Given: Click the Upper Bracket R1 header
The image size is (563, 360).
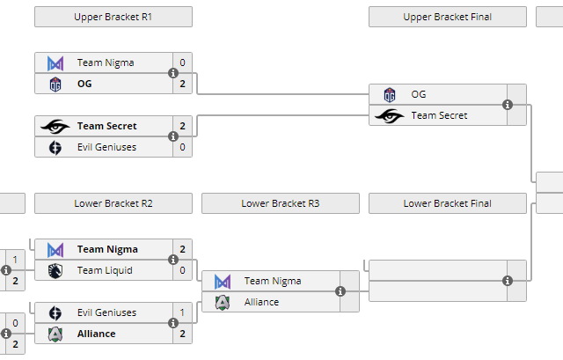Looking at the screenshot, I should click(x=113, y=17).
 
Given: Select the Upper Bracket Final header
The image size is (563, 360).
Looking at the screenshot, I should click(x=447, y=17).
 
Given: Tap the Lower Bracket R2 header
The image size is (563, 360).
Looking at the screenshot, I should click(x=113, y=203).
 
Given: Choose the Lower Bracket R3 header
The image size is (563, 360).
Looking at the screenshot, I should click(x=280, y=203).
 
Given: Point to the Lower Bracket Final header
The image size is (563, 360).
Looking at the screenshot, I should click(x=447, y=203).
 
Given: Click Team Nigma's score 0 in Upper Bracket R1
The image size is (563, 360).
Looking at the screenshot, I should click(x=182, y=62).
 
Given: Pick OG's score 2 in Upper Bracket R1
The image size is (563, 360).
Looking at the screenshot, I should click(x=182, y=84).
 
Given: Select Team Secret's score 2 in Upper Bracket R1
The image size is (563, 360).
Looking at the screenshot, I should click(x=182, y=126).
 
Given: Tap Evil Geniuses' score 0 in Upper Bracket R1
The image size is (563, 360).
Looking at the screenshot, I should click(x=182, y=147).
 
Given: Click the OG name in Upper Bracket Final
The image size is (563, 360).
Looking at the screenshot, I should click(x=418, y=94).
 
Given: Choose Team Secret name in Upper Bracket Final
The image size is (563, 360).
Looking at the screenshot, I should click(x=439, y=115).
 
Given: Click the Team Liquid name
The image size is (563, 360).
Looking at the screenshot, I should click(x=105, y=270).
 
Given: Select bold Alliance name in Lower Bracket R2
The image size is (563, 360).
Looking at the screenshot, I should click(x=97, y=334).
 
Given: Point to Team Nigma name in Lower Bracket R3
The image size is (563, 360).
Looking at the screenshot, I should click(x=272, y=281).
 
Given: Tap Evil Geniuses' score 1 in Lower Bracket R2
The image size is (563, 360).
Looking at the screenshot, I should click(x=182, y=312).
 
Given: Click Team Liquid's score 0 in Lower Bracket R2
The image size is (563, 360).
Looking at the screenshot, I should click(x=182, y=270).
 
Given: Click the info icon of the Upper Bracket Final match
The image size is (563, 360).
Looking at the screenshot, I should click(x=508, y=105).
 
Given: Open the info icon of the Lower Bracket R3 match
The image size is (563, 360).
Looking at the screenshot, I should click(x=340, y=291).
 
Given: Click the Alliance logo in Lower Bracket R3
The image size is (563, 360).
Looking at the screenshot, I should click(x=223, y=302).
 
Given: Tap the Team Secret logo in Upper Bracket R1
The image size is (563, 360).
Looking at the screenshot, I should click(x=55, y=126).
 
